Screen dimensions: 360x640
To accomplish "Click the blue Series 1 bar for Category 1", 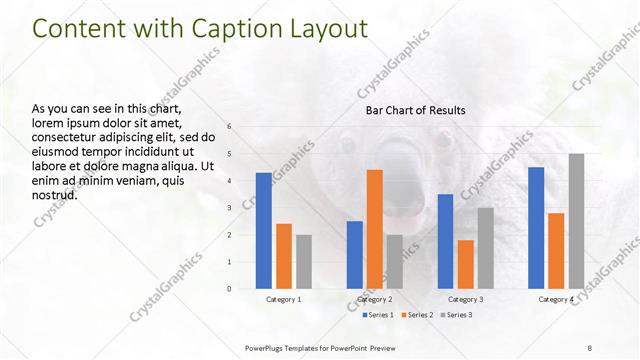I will [x=263, y=231].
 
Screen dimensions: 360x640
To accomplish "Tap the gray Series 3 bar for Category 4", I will [x=576, y=221].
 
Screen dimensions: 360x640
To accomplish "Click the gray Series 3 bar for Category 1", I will [x=303, y=262].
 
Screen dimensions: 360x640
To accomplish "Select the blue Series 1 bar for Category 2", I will [x=355, y=255].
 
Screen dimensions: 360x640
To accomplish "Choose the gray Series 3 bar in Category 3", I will [x=485, y=248].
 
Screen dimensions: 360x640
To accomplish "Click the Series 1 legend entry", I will [x=377, y=315].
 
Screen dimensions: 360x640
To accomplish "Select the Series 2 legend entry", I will [x=418, y=315].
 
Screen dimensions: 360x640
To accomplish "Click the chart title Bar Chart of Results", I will [x=415, y=110].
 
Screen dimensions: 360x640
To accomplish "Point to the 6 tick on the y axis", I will [x=229, y=127].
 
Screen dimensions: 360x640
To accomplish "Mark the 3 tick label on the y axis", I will [x=229, y=208].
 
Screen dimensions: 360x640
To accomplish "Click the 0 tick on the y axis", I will [x=229, y=289].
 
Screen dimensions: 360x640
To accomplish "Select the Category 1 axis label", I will [x=283, y=299].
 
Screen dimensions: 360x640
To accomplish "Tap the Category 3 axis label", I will [x=465, y=299].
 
